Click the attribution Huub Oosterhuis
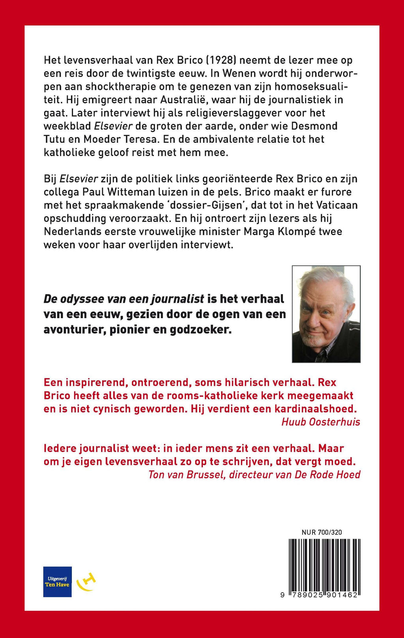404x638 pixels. click(321, 422)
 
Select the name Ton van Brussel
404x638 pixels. click(186, 474)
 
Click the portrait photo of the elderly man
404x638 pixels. click(326, 314)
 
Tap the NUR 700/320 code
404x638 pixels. click(322, 532)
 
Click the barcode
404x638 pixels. click(324, 565)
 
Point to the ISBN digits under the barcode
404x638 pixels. click(320, 595)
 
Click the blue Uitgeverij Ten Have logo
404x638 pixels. click(57, 582)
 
